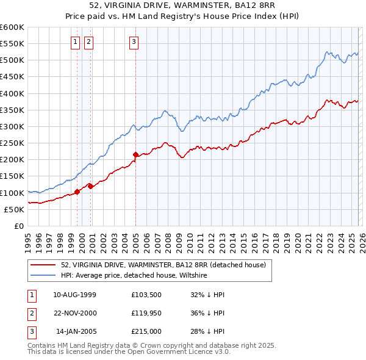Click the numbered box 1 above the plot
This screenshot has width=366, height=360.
tap(75, 42)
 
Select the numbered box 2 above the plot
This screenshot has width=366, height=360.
tap(88, 42)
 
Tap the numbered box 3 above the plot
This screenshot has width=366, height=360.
tap(134, 42)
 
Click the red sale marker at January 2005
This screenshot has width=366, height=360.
tap(135, 155)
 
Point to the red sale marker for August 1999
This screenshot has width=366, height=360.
tap(77, 192)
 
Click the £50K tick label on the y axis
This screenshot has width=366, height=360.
tap(15, 209)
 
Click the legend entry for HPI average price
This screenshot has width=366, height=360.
tap(134, 275)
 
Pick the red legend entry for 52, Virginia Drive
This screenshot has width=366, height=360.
tap(163, 265)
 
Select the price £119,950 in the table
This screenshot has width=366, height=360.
tap(146, 313)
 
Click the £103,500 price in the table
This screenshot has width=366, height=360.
tap(146, 295)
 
